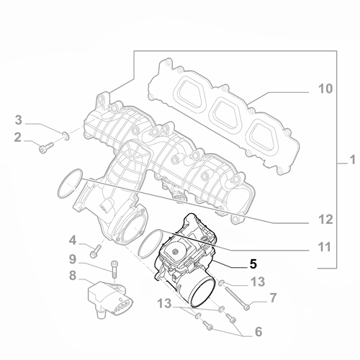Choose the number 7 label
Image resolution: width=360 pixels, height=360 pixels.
(x=273, y=297)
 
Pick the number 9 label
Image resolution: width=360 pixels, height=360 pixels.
(x=72, y=258)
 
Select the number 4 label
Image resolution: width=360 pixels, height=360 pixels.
(x=72, y=239)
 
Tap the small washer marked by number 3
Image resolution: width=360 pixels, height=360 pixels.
(x=66, y=134)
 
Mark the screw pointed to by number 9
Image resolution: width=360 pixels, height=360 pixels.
(x=114, y=271)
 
